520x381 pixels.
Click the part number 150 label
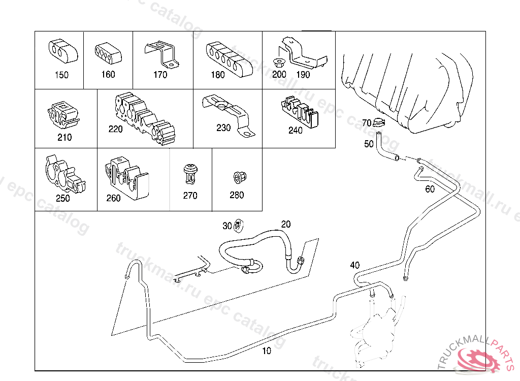(x=61, y=75)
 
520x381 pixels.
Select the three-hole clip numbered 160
(x=108, y=52)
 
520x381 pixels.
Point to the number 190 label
(x=303, y=75)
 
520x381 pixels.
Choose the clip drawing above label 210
(x=63, y=114)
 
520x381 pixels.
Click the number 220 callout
(x=115, y=129)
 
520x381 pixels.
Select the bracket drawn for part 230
(x=228, y=112)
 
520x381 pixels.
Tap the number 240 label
(x=295, y=131)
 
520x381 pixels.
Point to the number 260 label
(x=113, y=198)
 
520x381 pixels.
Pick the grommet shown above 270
(x=190, y=174)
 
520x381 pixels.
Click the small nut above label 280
(x=237, y=177)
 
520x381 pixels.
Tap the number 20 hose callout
(x=286, y=224)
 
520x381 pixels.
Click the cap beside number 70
(x=378, y=122)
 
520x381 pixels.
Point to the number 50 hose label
(x=369, y=144)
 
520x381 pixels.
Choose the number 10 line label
(x=266, y=351)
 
